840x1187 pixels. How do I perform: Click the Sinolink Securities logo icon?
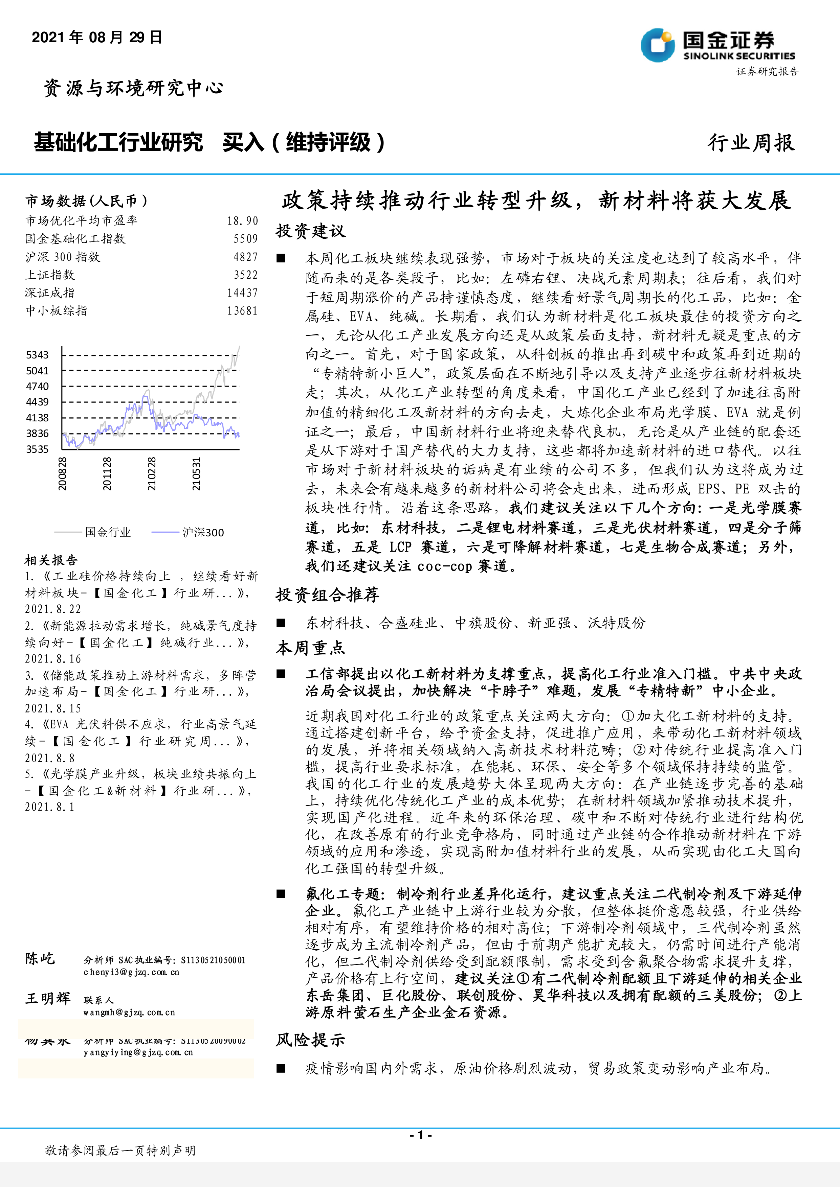pyautogui.click(x=658, y=46)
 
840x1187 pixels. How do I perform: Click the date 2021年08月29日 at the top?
pyautogui.click(x=97, y=37)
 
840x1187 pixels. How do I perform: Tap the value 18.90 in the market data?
pyautogui.click(x=242, y=221)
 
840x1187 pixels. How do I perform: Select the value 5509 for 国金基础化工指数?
pyautogui.click(x=245, y=239)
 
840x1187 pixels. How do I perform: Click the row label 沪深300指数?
pyautogui.click(x=63, y=257)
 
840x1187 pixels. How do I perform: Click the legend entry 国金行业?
pyautogui.click(x=108, y=532)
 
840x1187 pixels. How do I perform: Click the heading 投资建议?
pyautogui.click(x=310, y=231)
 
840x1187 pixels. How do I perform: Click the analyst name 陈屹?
pyautogui.click(x=40, y=958)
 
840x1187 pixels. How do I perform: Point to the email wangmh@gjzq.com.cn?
pyautogui.click(x=129, y=1012)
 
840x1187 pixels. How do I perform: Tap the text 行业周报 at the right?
pyautogui.click(x=751, y=143)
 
